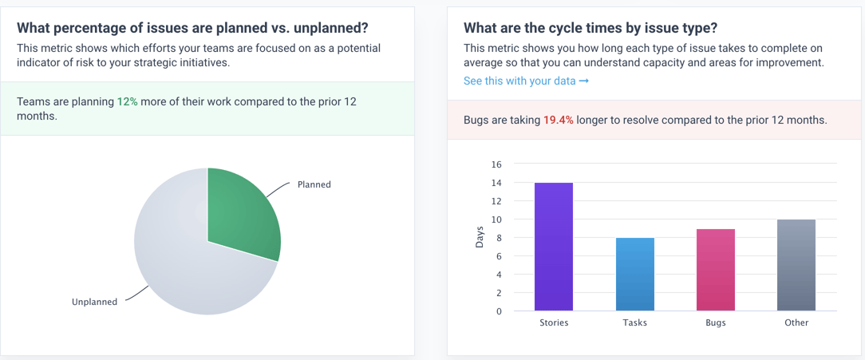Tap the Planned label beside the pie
click(314, 184)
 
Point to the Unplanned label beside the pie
click(94, 302)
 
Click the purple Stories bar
click(554, 247)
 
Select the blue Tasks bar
click(635, 275)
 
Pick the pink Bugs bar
click(716, 271)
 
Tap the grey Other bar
click(796, 266)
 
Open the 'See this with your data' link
click(526, 81)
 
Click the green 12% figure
click(127, 103)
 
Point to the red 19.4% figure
click(559, 121)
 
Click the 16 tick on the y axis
click(496, 164)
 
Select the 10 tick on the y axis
click(496, 220)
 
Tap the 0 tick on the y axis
click(500, 311)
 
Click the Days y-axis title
click(480, 238)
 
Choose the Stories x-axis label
click(554, 323)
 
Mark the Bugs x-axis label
click(716, 323)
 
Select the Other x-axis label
click(796, 323)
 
